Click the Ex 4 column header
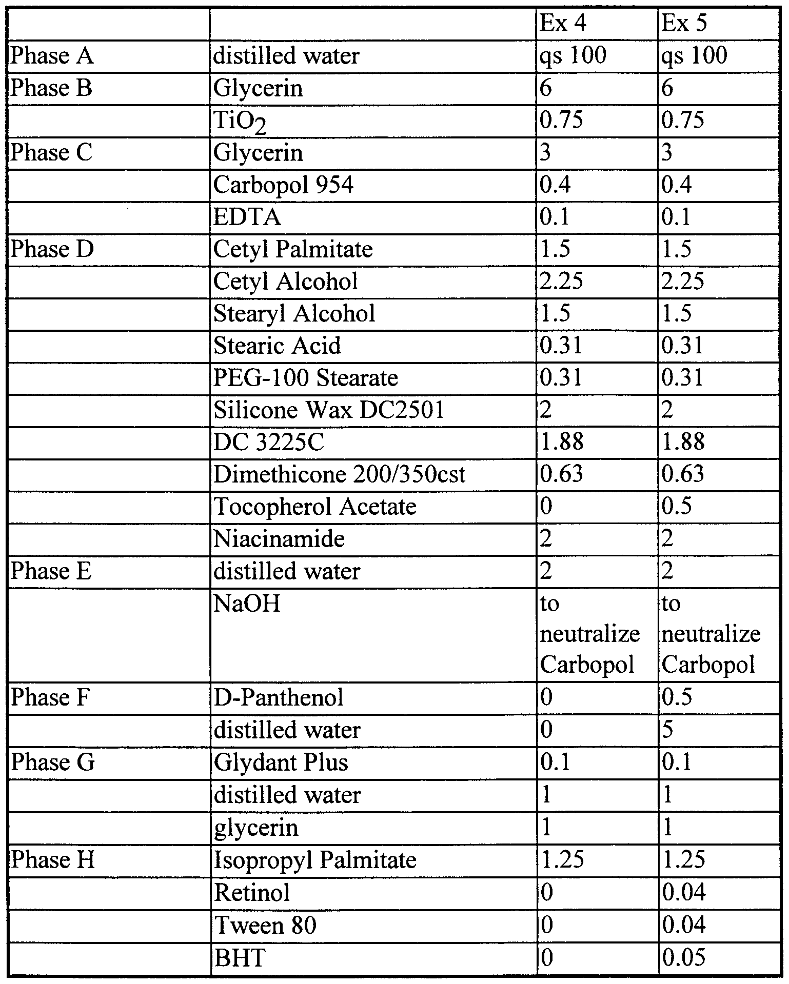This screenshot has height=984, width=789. click(x=562, y=24)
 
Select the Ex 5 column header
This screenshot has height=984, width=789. click(x=684, y=24)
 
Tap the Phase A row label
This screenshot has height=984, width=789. click(x=52, y=56)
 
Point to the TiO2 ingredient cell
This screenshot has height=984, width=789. click(x=240, y=122)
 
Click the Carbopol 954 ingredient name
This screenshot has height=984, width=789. click(x=283, y=185)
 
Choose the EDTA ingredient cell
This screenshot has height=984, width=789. click(x=247, y=217)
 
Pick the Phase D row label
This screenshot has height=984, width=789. click(x=52, y=249)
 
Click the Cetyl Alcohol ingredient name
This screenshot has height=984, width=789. click(x=285, y=282)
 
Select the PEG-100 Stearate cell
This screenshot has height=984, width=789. click(x=305, y=378)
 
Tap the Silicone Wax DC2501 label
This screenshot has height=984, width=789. click(x=328, y=410)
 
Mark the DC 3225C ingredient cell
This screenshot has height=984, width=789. click(x=269, y=442)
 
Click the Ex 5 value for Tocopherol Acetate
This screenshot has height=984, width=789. click(x=677, y=507)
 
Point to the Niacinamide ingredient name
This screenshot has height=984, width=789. click(x=279, y=539)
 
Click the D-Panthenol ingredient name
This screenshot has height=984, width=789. click(x=278, y=698)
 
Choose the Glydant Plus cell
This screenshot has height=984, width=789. click(x=281, y=762)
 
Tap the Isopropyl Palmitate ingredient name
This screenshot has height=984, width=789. click(x=314, y=860)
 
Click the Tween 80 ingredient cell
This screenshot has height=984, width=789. click(x=265, y=926)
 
